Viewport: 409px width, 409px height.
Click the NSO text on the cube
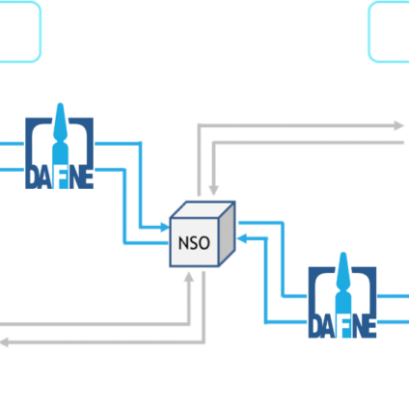point(194,243)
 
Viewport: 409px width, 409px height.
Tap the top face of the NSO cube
point(203,209)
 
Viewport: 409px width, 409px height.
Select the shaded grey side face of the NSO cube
point(227,234)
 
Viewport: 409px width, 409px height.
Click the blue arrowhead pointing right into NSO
point(165,228)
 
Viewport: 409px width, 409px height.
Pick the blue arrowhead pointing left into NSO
point(242,238)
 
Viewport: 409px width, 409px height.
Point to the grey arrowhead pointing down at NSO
point(213,190)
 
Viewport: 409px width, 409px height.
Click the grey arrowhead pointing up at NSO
point(189,277)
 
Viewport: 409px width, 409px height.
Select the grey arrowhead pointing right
point(399,125)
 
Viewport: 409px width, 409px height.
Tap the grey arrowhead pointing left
point(4,342)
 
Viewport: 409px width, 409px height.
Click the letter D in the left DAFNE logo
point(32,177)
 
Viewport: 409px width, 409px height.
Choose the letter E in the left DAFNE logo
point(89,177)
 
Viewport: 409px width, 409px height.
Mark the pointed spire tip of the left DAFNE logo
point(60,104)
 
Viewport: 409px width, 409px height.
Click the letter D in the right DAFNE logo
point(315,327)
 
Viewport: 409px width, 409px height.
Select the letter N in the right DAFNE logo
point(359,327)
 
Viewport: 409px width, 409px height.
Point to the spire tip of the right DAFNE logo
point(343,254)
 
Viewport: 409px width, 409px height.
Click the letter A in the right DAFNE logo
point(328,327)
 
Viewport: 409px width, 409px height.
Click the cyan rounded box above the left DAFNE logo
point(20,32)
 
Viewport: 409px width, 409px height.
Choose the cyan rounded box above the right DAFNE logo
point(389,32)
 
